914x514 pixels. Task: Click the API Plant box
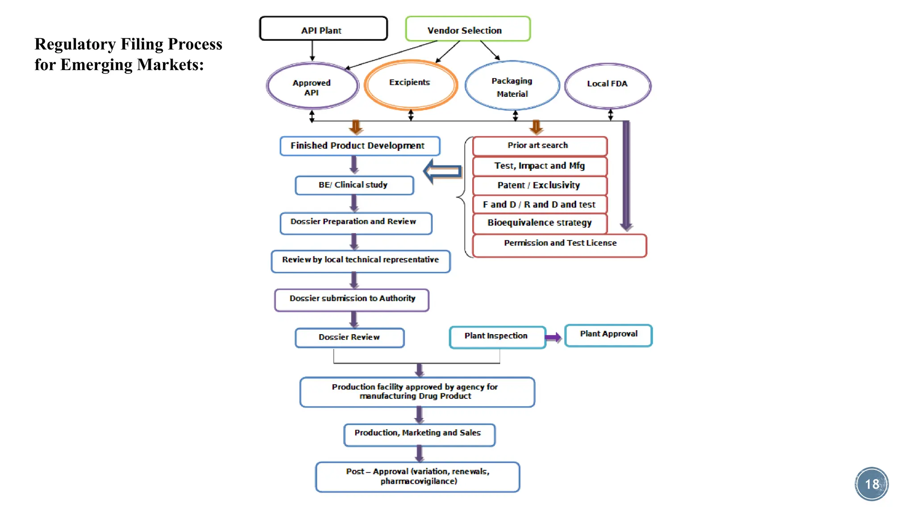point(323,29)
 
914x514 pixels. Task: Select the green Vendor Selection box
point(467,29)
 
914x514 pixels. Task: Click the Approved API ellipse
point(312,86)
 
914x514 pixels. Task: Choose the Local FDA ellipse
point(607,86)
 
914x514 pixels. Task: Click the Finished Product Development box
point(359,146)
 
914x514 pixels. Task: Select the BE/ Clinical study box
point(354,185)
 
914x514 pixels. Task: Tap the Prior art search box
point(539,146)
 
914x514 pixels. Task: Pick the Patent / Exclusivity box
point(539,185)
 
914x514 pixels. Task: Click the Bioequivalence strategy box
point(539,223)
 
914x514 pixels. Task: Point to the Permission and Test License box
point(559,245)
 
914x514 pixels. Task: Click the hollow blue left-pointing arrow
point(442,171)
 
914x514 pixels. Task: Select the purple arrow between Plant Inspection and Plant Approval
point(553,337)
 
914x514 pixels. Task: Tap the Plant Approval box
point(608,335)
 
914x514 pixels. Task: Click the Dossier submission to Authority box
point(352,299)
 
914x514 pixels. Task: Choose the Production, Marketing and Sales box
point(419,434)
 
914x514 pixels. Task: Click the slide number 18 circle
point(871,484)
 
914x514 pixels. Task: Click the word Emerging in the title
point(97,65)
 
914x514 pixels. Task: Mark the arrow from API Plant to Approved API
point(312,51)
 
